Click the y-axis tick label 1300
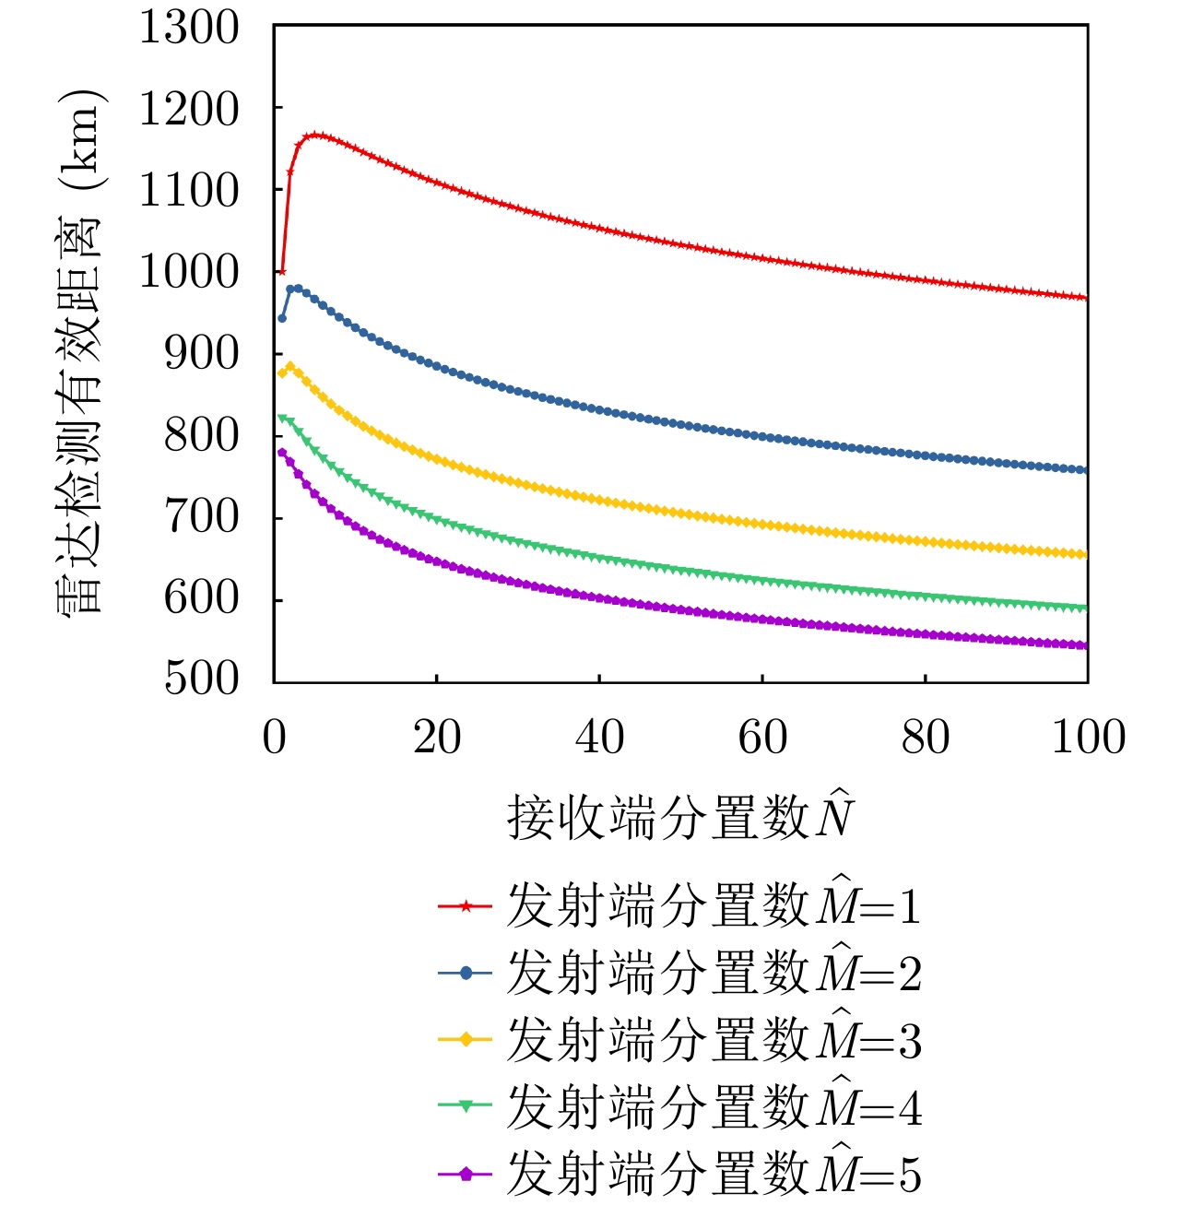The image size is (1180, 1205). click(189, 28)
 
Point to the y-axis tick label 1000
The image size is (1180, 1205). click(189, 272)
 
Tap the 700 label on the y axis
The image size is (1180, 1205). click(201, 517)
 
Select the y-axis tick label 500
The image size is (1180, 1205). click(201, 679)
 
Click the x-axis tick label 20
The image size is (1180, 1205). click(436, 738)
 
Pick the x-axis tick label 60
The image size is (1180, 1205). click(762, 738)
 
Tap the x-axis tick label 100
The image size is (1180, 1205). click(1089, 738)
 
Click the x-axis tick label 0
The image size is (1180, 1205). click(274, 738)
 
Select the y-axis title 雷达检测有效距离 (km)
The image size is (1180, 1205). click(80, 350)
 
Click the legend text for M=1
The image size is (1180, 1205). click(714, 906)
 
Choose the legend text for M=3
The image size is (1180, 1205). click(714, 1040)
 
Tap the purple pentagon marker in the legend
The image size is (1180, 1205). click(466, 1174)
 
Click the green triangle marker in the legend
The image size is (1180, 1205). click(466, 1106)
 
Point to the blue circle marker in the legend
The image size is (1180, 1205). click(466, 973)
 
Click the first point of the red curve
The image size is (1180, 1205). click(282, 272)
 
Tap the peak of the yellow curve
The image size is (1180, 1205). click(290, 366)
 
